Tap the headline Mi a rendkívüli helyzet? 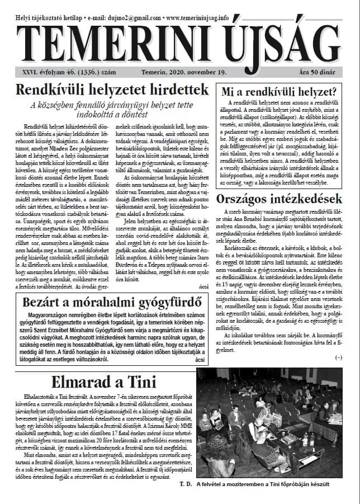point(278,92)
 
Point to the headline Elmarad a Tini point(99,382)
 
